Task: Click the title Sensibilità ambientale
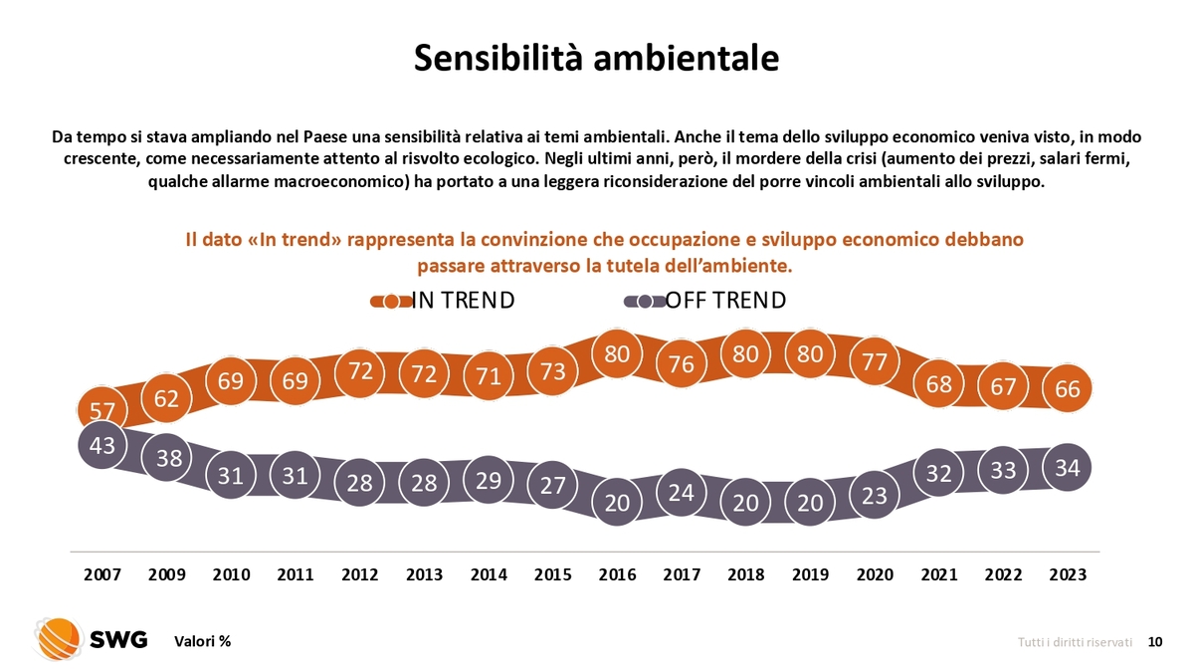tap(596, 57)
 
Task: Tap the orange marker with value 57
tap(102, 409)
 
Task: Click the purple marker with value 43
tap(102, 446)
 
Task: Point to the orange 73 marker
tap(553, 370)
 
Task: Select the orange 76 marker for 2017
tap(682, 364)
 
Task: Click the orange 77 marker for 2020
tap(875, 361)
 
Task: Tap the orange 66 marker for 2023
tap(1068, 388)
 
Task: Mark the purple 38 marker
tap(166, 458)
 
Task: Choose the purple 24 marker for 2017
tap(682, 492)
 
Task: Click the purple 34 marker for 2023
tap(1068, 467)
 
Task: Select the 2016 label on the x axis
tap(618, 574)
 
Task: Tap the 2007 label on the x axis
tap(102, 574)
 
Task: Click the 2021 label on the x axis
tap(939, 574)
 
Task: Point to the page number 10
tap(1155, 642)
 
